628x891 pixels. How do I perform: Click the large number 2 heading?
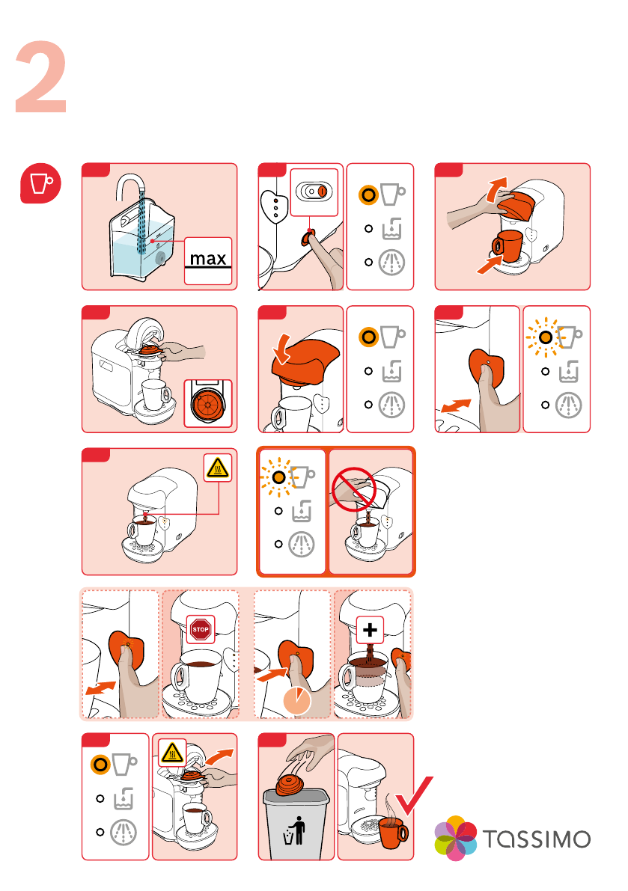pyautogui.click(x=42, y=79)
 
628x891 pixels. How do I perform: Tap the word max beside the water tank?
pyautogui.click(x=208, y=260)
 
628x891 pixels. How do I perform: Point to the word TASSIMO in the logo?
pyautogui.click(x=535, y=838)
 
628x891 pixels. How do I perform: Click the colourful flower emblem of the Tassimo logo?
pyautogui.click(x=456, y=838)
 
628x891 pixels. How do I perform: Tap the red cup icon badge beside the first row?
pyautogui.click(x=40, y=183)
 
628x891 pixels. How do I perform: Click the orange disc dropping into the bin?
pyautogui.click(x=292, y=786)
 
